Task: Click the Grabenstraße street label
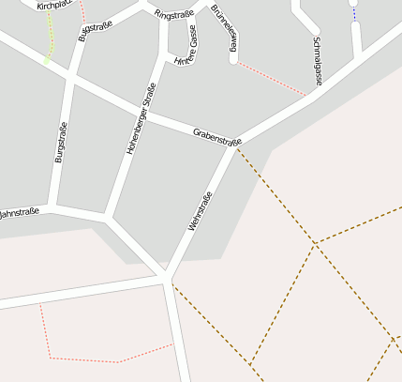tap(217, 138)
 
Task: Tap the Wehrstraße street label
tap(201, 211)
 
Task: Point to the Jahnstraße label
tap(18, 213)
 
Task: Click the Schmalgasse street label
tap(317, 62)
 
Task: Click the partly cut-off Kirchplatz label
tap(53, 5)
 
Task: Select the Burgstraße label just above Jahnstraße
tap(61, 144)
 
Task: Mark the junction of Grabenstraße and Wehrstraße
tap(234, 147)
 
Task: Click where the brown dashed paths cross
tap(316, 243)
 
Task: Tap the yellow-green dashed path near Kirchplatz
tap(50, 42)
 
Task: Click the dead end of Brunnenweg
tap(233, 60)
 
